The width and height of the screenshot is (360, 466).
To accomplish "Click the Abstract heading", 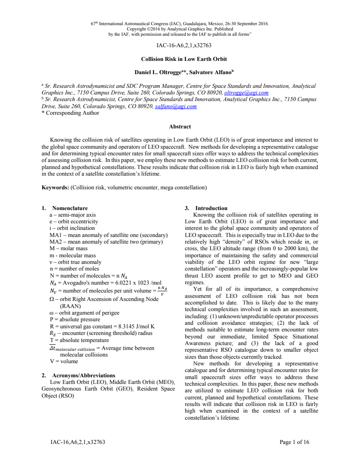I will [180, 127].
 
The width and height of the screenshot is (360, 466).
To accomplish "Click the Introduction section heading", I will [211, 208].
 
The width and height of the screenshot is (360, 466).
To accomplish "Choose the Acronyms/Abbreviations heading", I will [83, 376].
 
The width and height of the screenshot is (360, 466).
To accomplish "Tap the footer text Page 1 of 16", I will [295, 442].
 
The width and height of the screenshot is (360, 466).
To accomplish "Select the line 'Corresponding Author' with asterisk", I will [72, 113].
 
